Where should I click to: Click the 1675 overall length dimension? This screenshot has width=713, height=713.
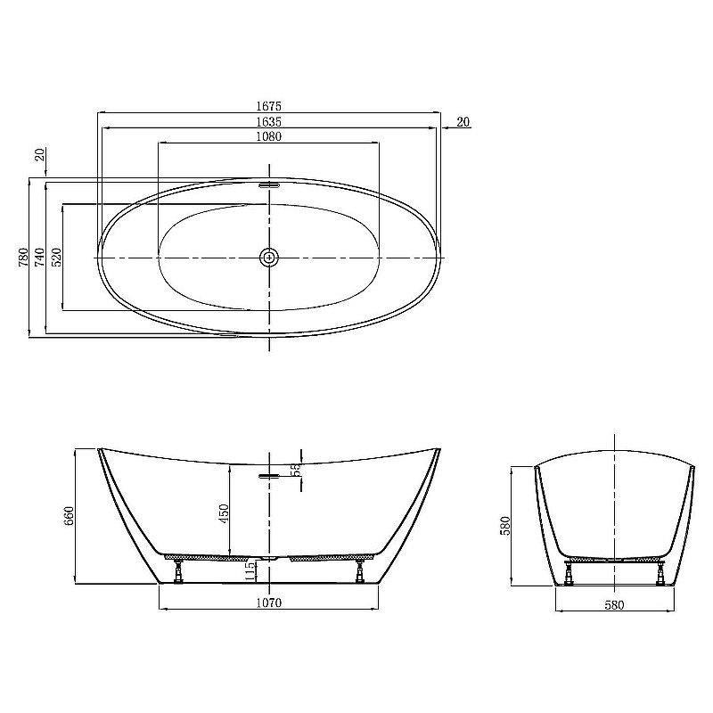click(267, 105)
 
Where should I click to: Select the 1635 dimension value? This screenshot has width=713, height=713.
click(267, 121)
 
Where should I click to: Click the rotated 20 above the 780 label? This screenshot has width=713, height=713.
click(40, 155)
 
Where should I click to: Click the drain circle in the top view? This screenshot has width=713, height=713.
click(268, 258)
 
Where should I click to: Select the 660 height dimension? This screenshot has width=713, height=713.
click(69, 516)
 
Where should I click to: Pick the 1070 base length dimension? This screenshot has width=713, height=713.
click(268, 603)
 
